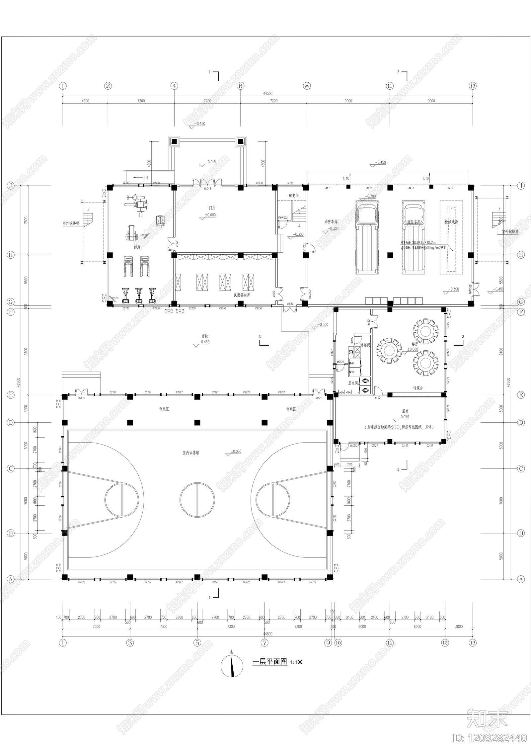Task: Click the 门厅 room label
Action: pyautogui.click(x=212, y=208)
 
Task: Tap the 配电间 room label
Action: pyautogui.click(x=293, y=196)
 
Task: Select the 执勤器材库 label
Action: pyautogui.click(x=242, y=294)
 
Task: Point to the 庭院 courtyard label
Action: pyautogui.click(x=205, y=336)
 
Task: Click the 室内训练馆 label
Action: pyautogui.click(x=190, y=453)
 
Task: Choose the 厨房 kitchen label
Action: pyautogui.click(x=405, y=411)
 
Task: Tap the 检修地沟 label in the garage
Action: pyautogui.click(x=451, y=222)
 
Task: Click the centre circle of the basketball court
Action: pyautogui.click(x=197, y=499)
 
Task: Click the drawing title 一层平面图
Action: pyautogui.click(x=269, y=662)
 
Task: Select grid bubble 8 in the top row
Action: pyautogui.click(x=307, y=86)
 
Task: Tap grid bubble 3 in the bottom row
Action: pyautogui.click(x=130, y=643)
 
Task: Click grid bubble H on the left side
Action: pyautogui.click(x=11, y=255)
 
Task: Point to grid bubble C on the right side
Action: pyautogui.click(x=521, y=469)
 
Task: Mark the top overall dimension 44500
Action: pyautogui.click(x=267, y=94)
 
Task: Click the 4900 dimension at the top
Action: pyautogui.click(x=85, y=101)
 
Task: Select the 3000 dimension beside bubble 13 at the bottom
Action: pyautogui.click(x=459, y=626)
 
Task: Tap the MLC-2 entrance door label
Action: pyautogui.click(x=207, y=189)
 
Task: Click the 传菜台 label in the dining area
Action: pyautogui.click(x=418, y=388)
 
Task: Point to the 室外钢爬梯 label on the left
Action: pyautogui.click(x=71, y=223)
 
